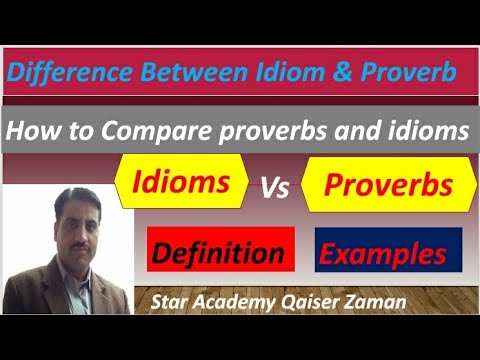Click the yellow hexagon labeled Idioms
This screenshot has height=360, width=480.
pos(183,183)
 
